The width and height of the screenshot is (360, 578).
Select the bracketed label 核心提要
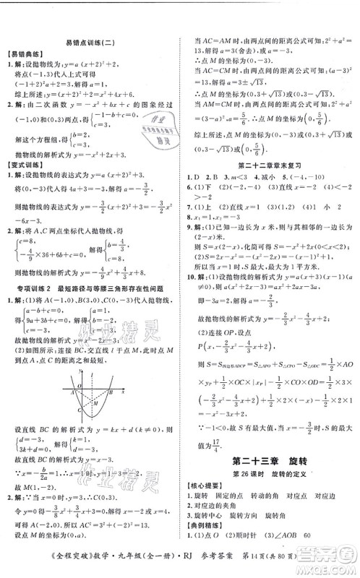(205, 492)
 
